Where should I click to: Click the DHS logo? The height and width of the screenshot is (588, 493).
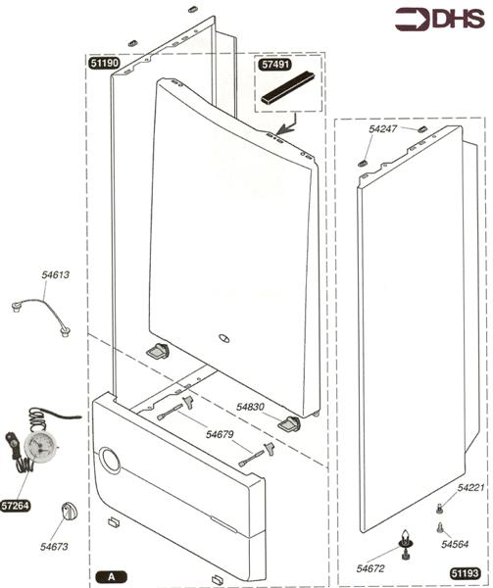[x=440, y=19]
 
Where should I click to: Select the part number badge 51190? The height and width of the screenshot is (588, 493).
[x=105, y=63]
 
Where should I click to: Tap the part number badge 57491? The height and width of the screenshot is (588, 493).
[x=275, y=64]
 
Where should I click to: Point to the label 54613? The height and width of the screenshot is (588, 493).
[x=56, y=274]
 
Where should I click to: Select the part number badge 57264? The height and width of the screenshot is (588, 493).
[x=16, y=506]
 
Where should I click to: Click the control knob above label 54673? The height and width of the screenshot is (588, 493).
[x=70, y=512]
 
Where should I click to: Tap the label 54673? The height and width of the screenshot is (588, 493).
[x=54, y=547]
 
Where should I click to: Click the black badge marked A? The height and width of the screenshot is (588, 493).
[x=112, y=576]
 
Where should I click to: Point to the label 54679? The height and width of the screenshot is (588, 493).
[x=220, y=434]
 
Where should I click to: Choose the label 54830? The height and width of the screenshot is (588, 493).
[x=251, y=407]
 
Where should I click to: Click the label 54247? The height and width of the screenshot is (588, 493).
[x=383, y=128]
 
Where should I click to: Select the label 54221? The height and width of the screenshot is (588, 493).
[x=470, y=487]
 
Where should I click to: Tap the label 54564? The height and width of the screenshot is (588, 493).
[x=455, y=544]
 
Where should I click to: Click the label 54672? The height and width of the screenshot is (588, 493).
[x=370, y=568]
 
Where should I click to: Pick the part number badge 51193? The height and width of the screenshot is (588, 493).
[x=465, y=573]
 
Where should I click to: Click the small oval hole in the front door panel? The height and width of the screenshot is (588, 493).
[x=223, y=338]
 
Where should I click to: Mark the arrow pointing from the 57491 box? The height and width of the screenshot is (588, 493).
[x=289, y=124]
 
